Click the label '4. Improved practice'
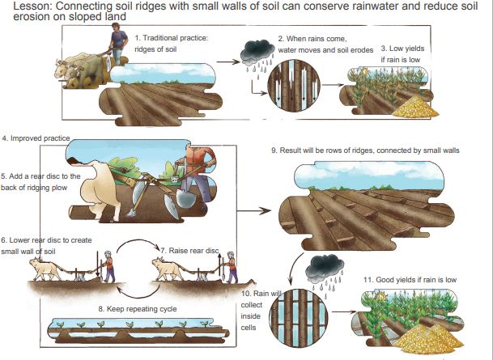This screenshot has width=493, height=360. (36, 138)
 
